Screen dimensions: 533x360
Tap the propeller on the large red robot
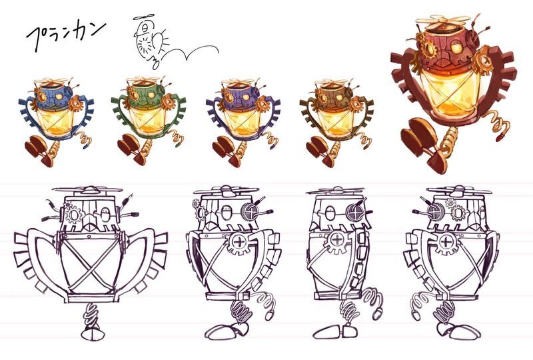click(441, 21)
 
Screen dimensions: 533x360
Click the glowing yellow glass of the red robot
click(449, 93)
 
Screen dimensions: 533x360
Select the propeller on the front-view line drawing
click(91, 190)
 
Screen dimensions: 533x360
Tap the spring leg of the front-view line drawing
click(91, 315)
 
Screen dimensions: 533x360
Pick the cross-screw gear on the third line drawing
click(337, 241)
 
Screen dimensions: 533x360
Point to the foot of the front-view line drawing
click(91, 333)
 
